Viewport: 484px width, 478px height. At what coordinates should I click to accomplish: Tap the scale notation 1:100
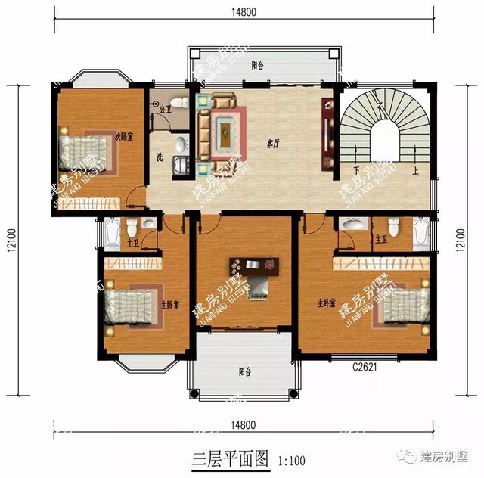292,458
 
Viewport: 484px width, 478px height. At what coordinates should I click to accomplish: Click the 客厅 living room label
274,141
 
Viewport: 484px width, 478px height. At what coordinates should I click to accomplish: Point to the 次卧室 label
124,136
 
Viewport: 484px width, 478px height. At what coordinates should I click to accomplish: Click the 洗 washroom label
160,157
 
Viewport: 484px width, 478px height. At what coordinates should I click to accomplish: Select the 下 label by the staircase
355,170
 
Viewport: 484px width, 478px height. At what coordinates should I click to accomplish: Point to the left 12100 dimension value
13,242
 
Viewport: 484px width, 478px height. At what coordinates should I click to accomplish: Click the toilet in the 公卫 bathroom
178,101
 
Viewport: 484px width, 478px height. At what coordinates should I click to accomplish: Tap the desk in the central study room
254,265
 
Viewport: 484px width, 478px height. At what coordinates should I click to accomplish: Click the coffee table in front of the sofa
225,133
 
